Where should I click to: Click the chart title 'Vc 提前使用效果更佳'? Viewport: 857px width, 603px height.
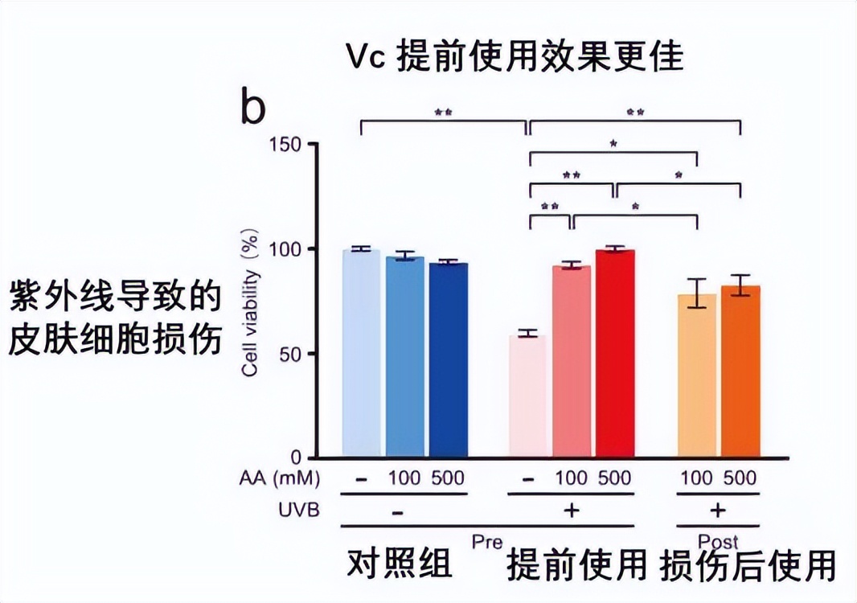515,56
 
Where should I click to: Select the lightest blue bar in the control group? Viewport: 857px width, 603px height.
361,354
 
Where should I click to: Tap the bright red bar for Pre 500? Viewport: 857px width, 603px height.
615,354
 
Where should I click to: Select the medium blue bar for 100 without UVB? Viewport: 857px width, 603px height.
404,357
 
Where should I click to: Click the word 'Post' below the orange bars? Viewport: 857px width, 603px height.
718,540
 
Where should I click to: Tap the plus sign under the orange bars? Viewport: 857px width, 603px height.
718,511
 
